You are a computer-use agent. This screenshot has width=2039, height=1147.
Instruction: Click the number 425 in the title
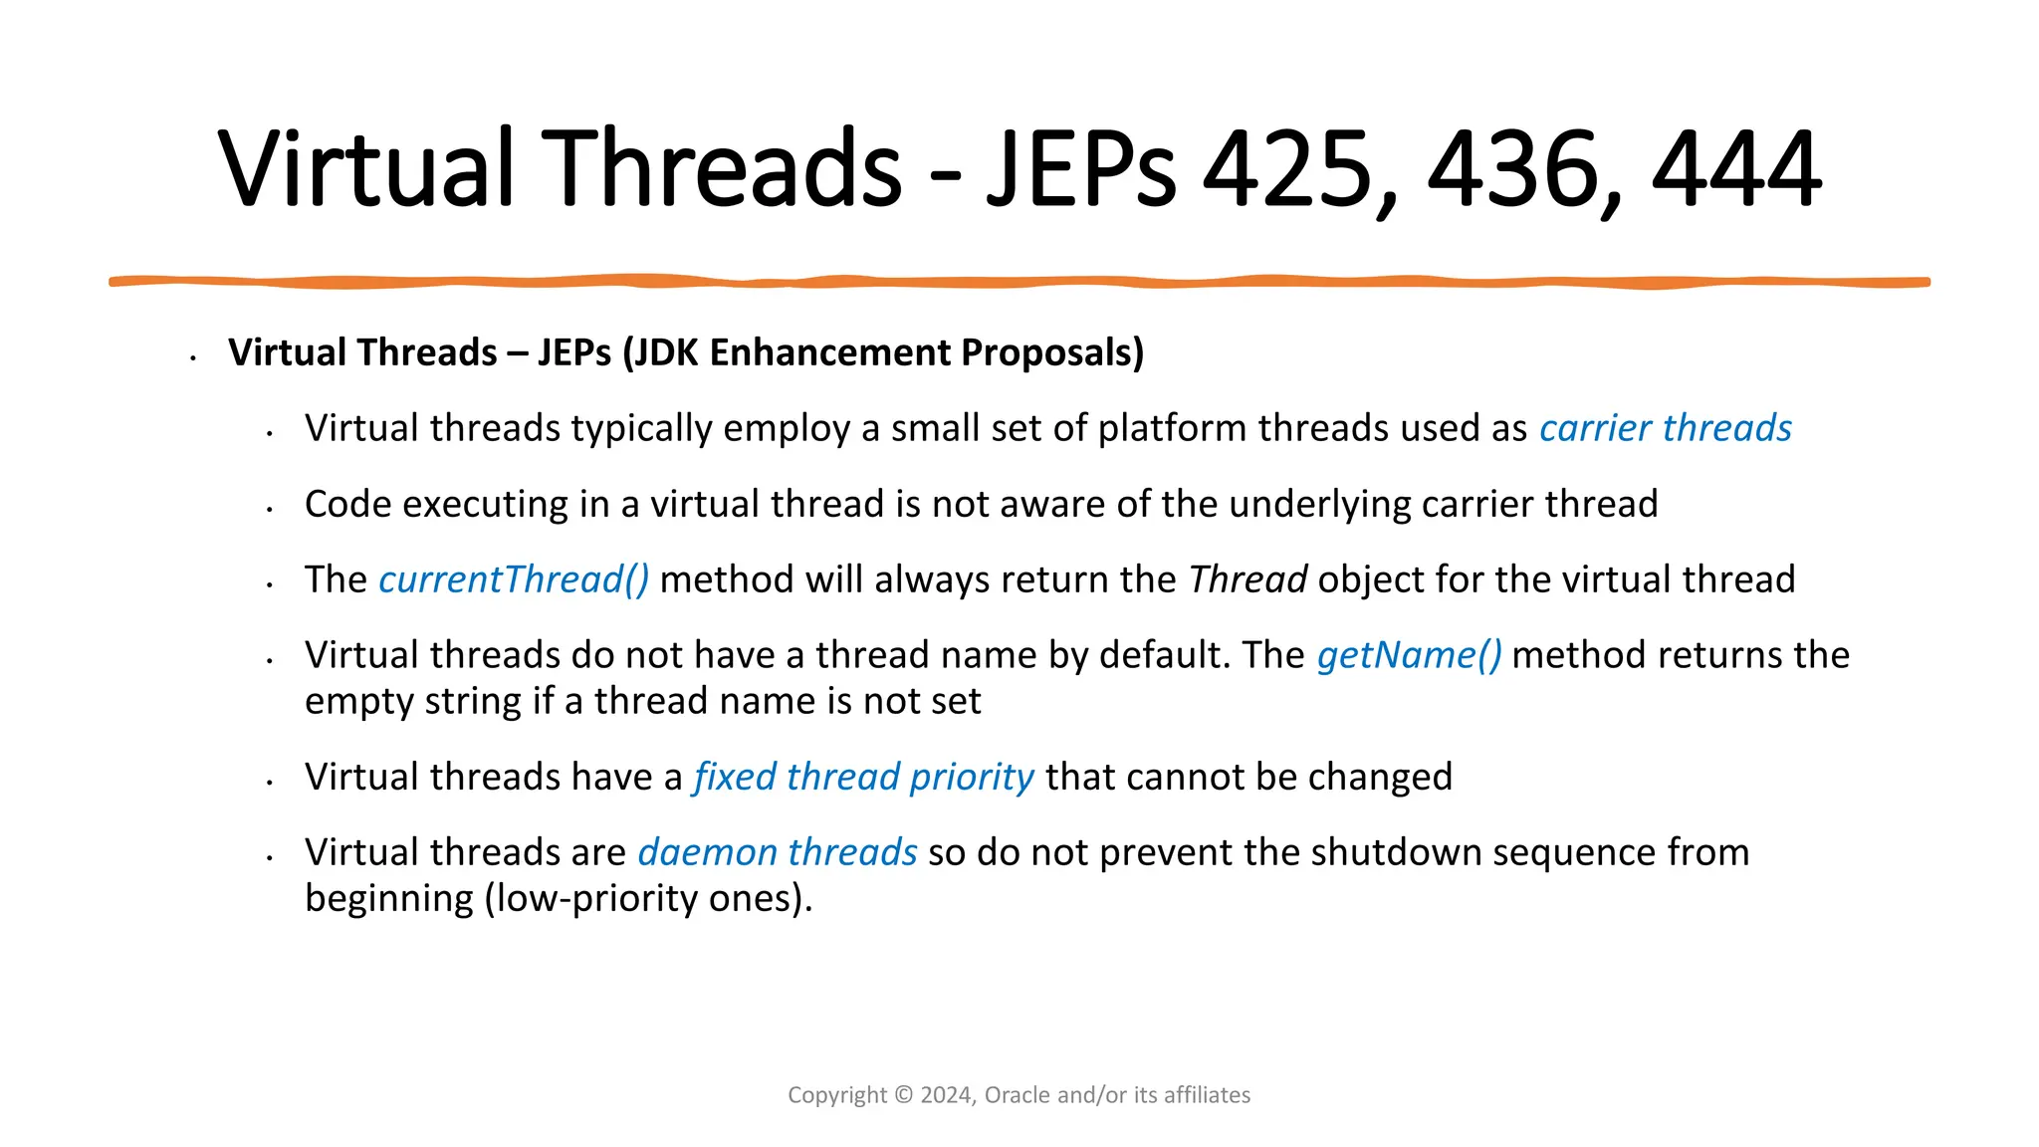tap(1291, 169)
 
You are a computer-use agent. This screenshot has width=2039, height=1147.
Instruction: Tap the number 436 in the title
tap(1515, 169)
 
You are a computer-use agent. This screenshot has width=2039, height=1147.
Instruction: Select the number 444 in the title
tap(1737, 169)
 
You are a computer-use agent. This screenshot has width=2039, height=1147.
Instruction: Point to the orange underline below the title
tap(1019, 283)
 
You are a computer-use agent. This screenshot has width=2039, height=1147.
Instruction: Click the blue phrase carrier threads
tap(1665, 428)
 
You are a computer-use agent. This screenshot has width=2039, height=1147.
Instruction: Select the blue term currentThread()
tap(514, 579)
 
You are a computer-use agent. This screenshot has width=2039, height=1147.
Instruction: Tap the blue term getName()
tap(1409, 655)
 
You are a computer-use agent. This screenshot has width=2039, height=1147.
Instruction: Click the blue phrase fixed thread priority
tap(863, 777)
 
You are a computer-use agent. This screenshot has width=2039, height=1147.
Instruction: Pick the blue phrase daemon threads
tap(778, 852)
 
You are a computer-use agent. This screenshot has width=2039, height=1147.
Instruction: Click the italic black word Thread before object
tap(1247, 579)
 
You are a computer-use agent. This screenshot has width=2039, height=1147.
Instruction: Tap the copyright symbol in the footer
tap(903, 1095)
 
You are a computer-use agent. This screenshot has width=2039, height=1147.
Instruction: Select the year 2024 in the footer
tap(947, 1095)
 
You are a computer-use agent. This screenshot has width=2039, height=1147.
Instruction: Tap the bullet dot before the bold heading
tap(193, 356)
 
